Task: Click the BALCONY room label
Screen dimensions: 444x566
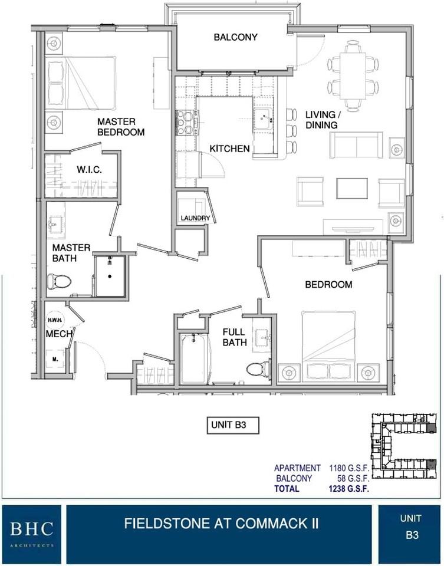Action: (235, 37)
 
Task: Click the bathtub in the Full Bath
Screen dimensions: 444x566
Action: (194, 359)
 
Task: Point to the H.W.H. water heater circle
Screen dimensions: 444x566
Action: (55, 320)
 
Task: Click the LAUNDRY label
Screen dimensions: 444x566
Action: (195, 218)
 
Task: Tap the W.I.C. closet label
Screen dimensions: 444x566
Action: (89, 169)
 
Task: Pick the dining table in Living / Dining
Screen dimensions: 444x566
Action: (353, 75)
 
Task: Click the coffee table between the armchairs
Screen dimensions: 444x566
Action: (352, 189)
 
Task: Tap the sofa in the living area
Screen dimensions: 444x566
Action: (356, 145)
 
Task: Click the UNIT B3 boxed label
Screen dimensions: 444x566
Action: (232, 425)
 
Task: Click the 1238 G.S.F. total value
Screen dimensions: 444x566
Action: (348, 489)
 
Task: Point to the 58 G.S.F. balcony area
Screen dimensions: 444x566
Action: (353, 479)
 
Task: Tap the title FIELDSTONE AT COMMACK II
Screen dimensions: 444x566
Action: (221, 523)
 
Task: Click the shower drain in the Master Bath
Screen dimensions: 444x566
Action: (110, 277)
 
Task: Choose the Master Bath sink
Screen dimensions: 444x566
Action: (55, 225)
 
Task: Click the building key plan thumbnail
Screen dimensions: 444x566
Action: (404, 447)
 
